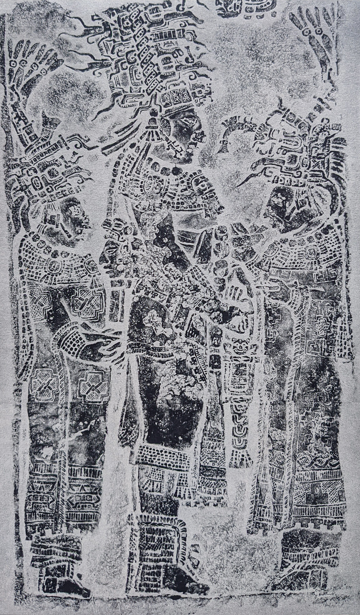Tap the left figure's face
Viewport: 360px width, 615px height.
[74, 220]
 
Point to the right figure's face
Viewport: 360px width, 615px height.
[279, 205]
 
